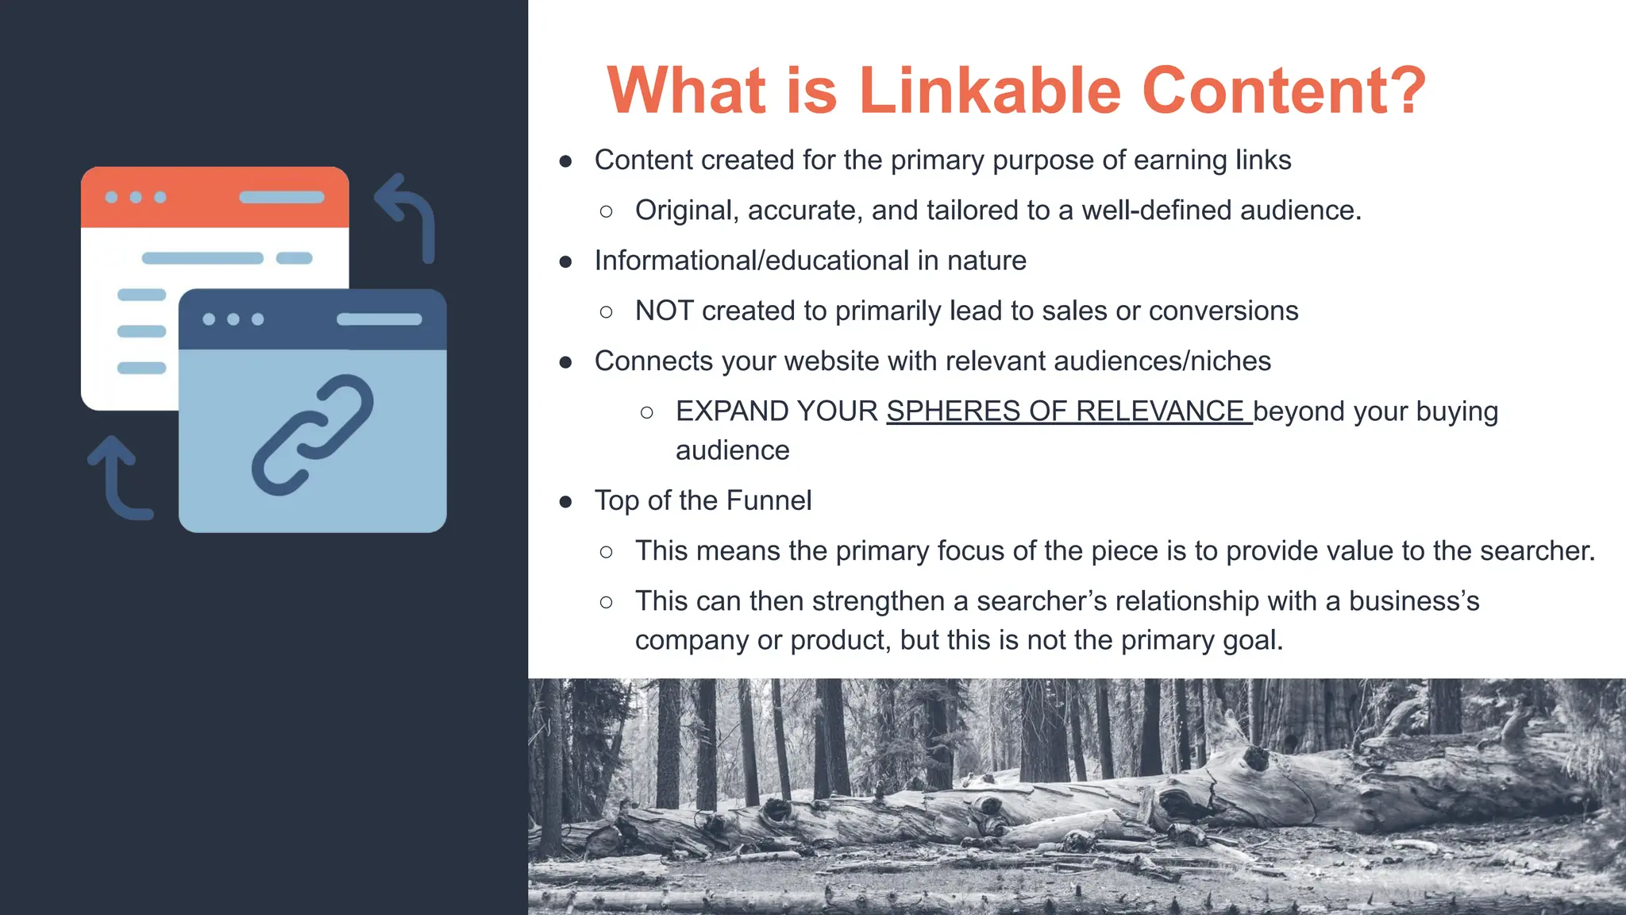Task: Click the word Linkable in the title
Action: point(990,91)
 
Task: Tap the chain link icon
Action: point(312,435)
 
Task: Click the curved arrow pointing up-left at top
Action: point(408,214)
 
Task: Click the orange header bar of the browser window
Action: point(214,197)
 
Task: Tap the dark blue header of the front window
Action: point(312,319)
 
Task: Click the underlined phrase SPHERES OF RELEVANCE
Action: point(1068,411)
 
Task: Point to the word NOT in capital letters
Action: point(664,311)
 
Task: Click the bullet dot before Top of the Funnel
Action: point(565,501)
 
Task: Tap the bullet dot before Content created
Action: point(565,161)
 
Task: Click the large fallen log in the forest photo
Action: point(1112,802)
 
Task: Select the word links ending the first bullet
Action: point(1262,160)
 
